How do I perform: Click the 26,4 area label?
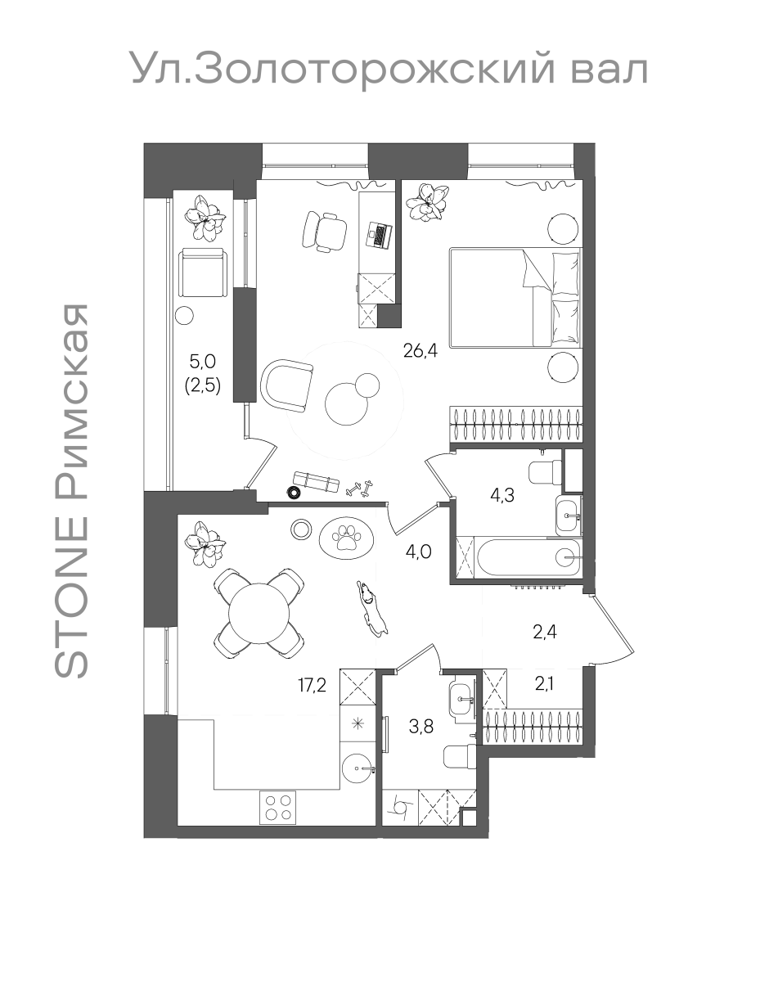click(x=420, y=350)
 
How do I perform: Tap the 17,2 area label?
click(x=313, y=685)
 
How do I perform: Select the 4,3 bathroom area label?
click(x=502, y=494)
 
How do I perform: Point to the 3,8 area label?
click(x=420, y=727)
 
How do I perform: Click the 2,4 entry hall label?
click(x=545, y=633)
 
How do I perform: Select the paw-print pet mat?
click(x=347, y=537)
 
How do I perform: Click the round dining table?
click(x=259, y=613)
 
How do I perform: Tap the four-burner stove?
click(x=278, y=807)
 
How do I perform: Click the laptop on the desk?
click(x=379, y=235)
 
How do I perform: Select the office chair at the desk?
click(x=324, y=231)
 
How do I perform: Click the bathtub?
click(x=528, y=557)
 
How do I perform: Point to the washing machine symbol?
click(x=401, y=809)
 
